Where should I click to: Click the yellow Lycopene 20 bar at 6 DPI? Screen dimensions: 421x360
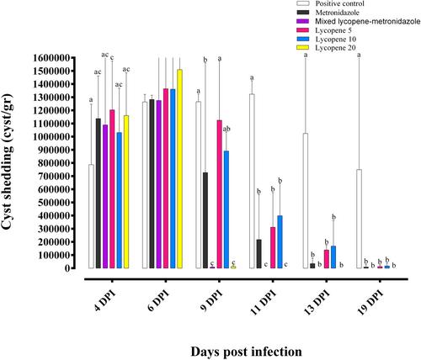pyautogui.click(x=179, y=169)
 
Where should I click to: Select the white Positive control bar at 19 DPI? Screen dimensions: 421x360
pyautogui.click(x=359, y=219)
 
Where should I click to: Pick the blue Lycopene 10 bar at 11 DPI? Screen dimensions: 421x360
pyautogui.click(x=280, y=242)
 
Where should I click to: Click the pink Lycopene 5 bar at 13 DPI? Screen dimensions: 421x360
pyautogui.click(x=327, y=259)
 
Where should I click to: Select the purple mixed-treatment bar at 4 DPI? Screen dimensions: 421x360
pyautogui.click(x=105, y=197)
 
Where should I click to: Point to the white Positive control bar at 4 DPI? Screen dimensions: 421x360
pyautogui.click(x=91, y=216)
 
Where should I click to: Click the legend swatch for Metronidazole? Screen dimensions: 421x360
pyautogui.click(x=302, y=13)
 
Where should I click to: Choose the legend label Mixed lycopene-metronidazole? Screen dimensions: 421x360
pyautogui.click(x=368, y=21)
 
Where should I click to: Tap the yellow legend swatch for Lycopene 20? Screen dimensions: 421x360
pyautogui.click(x=302, y=48)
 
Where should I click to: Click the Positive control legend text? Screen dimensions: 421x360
pyautogui.click(x=339, y=3)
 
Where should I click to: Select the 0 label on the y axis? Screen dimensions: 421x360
pyautogui.click(x=67, y=268)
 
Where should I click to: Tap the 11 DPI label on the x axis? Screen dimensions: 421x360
pyautogui.click(x=263, y=302)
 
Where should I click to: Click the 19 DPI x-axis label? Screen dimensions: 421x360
pyautogui.click(x=370, y=302)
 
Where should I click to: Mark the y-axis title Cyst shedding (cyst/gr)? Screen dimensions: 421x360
pyautogui.click(x=8, y=162)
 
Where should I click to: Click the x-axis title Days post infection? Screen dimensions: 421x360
pyautogui.click(x=247, y=352)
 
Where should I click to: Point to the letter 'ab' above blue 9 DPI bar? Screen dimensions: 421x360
pyautogui.click(x=226, y=129)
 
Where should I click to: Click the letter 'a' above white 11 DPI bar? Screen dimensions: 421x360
pyautogui.click(x=252, y=77)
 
